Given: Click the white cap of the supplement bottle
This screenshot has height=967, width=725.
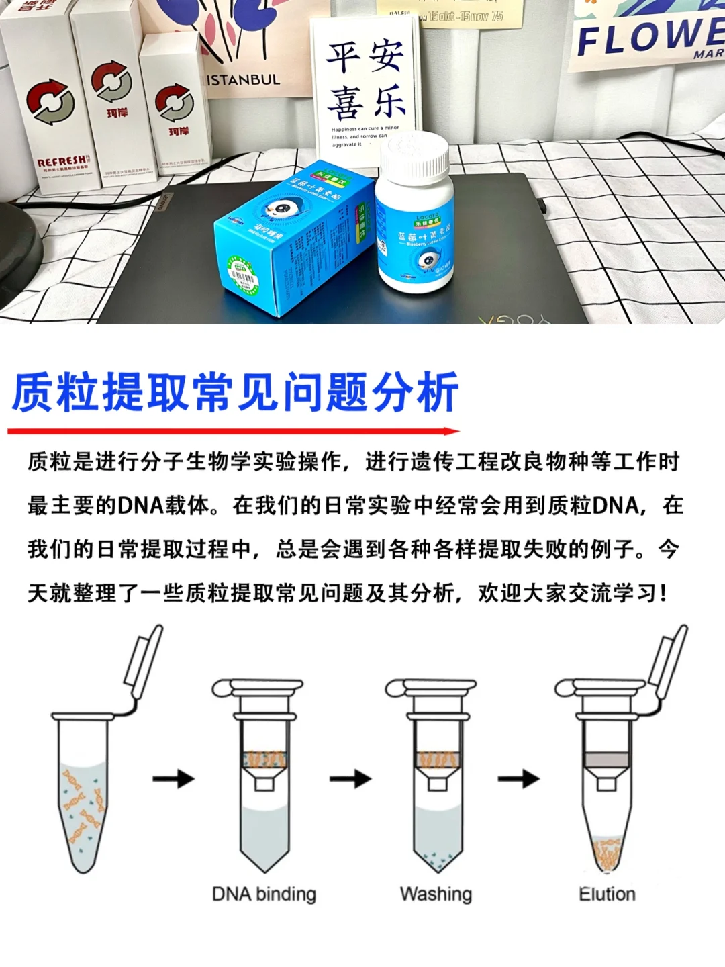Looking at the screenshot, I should coord(414,156).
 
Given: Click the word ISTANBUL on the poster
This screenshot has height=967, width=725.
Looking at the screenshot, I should coord(242,80).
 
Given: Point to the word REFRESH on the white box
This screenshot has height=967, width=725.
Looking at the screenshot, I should coord(62,162).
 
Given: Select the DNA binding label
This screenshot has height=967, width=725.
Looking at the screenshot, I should coord(264,894).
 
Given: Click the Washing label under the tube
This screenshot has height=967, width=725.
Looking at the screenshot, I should coord(436,894).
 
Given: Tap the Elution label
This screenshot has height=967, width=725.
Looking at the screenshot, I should coord(607,894).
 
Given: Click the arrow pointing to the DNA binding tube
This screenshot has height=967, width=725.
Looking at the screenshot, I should coord(173,779).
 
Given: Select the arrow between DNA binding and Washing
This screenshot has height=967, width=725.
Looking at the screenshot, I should coord(350,779).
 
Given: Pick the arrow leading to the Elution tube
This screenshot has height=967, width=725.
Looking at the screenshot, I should coord(518,779).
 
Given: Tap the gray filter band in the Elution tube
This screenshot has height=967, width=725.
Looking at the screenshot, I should coord(606,759).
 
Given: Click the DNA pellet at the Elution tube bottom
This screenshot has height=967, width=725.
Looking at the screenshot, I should coord(606,854).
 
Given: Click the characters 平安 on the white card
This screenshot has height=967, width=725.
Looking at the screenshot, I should coord(365,56).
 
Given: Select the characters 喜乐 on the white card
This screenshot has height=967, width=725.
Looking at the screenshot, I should coord(367,101).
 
